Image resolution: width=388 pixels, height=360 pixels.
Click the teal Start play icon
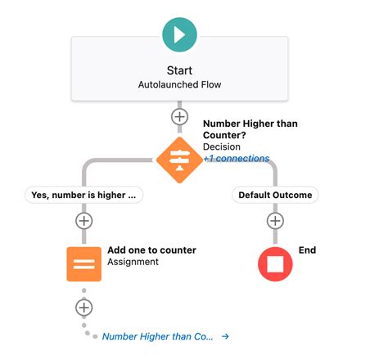[x=179, y=35]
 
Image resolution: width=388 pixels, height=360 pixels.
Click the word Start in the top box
[x=179, y=70]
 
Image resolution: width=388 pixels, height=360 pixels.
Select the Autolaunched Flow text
[x=179, y=85]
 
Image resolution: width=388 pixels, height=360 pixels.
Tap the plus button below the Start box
[x=179, y=117]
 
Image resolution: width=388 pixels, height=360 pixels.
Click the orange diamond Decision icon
[x=179, y=159]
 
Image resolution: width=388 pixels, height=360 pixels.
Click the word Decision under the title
[x=222, y=147]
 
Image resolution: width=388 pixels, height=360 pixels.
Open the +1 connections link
[x=236, y=159]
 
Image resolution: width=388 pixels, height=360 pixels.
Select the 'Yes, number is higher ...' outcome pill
[x=83, y=195]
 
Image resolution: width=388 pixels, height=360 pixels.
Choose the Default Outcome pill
[x=275, y=195]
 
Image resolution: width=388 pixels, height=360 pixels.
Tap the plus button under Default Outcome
[x=275, y=221]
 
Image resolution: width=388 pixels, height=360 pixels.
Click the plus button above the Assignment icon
[x=83, y=221]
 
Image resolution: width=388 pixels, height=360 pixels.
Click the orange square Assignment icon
[x=83, y=263]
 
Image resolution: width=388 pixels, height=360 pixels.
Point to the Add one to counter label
[x=151, y=250]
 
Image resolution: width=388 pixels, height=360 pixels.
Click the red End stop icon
[x=275, y=263]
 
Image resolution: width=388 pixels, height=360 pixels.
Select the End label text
[x=307, y=250]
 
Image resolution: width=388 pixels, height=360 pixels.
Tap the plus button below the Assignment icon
[x=83, y=308]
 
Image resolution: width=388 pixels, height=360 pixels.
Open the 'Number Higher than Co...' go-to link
[x=157, y=336]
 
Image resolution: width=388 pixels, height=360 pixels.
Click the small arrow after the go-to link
[x=225, y=336]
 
